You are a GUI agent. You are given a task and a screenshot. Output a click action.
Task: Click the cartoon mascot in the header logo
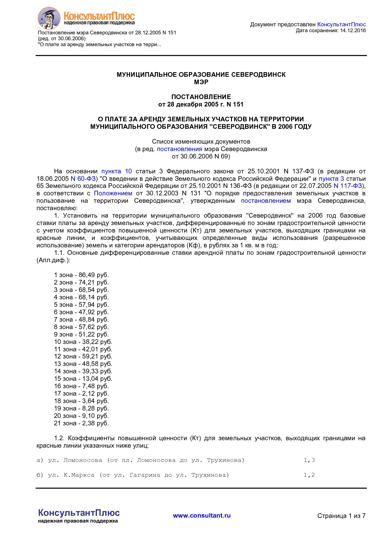coord(49,18)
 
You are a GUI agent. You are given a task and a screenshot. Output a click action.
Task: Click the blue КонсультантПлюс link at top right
coord(341,24)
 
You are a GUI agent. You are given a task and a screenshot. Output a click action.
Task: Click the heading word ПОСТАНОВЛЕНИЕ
coord(201,97)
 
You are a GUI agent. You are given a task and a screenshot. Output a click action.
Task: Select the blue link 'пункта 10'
coord(116,171)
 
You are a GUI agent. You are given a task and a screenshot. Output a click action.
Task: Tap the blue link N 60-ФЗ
coord(83,179)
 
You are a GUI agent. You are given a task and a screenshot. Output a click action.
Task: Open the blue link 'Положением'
coord(113,193)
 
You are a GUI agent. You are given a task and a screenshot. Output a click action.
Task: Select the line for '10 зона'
coord(83,342)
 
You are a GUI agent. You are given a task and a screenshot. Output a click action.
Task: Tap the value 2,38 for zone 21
coord(88,423)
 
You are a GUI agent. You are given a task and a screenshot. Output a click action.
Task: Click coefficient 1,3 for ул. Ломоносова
coord(309,460)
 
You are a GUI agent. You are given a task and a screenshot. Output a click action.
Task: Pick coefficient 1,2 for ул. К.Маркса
coord(309,475)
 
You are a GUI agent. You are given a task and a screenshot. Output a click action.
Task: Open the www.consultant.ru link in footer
coord(202,515)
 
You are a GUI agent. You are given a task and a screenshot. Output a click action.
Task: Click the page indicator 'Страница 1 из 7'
coord(341,516)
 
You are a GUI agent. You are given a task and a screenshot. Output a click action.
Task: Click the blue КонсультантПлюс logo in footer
coord(79,513)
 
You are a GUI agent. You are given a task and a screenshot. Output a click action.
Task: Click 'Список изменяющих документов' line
coord(201,141)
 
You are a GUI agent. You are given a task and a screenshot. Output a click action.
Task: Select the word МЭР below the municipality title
coord(201,82)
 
